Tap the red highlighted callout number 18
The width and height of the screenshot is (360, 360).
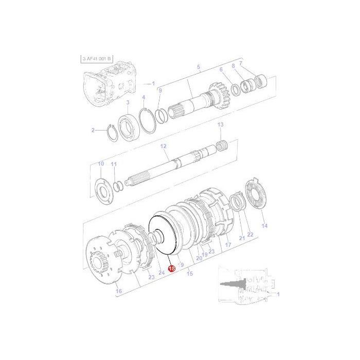point(172,268)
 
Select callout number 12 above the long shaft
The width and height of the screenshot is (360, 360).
point(164,147)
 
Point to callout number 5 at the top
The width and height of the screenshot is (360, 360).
point(199,67)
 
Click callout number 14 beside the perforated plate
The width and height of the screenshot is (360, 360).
point(264,226)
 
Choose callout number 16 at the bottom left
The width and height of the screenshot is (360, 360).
point(119,292)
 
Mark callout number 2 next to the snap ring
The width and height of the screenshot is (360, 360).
point(93,130)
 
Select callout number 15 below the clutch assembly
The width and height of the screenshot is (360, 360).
point(190,274)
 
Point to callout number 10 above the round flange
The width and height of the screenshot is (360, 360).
point(101,164)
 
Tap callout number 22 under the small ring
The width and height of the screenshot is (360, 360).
point(250,235)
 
